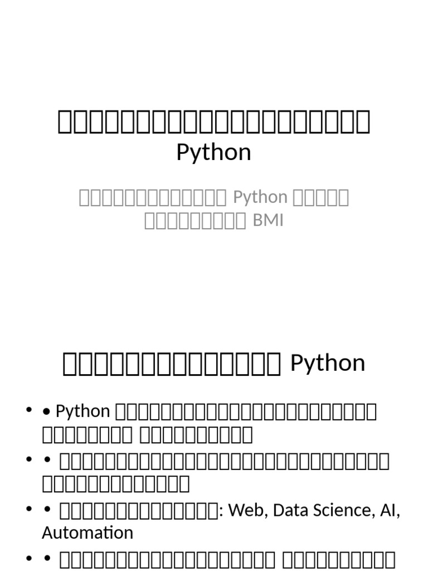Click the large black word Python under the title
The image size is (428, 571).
[213, 152]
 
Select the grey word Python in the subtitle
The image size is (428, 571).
[260, 197]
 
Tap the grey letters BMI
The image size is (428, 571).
[269, 221]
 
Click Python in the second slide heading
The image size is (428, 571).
[328, 364]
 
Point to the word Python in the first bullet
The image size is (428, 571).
[83, 412]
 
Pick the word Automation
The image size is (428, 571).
[87, 533]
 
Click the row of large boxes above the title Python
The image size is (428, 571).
[213, 122]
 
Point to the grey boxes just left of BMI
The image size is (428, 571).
[195, 221]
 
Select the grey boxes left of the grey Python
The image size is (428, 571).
[152, 197]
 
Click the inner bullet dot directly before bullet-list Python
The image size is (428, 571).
[47, 412]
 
